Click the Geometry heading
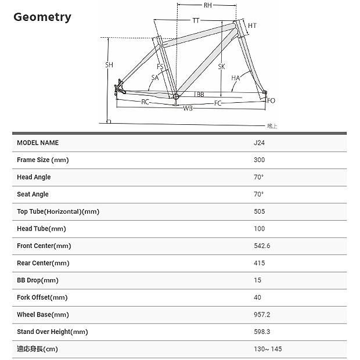click(x=42, y=17)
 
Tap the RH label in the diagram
click(x=207, y=6)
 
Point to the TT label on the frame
click(x=196, y=21)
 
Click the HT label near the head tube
click(x=252, y=26)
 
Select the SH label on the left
click(x=109, y=65)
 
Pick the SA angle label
click(x=155, y=77)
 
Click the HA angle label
click(x=235, y=78)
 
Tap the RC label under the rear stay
click(x=146, y=102)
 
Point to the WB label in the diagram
click(x=188, y=109)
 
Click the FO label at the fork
click(x=271, y=100)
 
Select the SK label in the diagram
click(x=221, y=67)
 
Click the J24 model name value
click(x=260, y=143)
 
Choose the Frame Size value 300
click(x=260, y=160)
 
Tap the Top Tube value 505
click(x=260, y=212)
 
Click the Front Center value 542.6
click(x=262, y=246)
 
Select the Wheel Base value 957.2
click(x=262, y=315)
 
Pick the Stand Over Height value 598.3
click(x=262, y=332)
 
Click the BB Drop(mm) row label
click(x=38, y=280)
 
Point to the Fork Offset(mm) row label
click(x=42, y=298)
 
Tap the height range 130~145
click(x=268, y=350)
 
